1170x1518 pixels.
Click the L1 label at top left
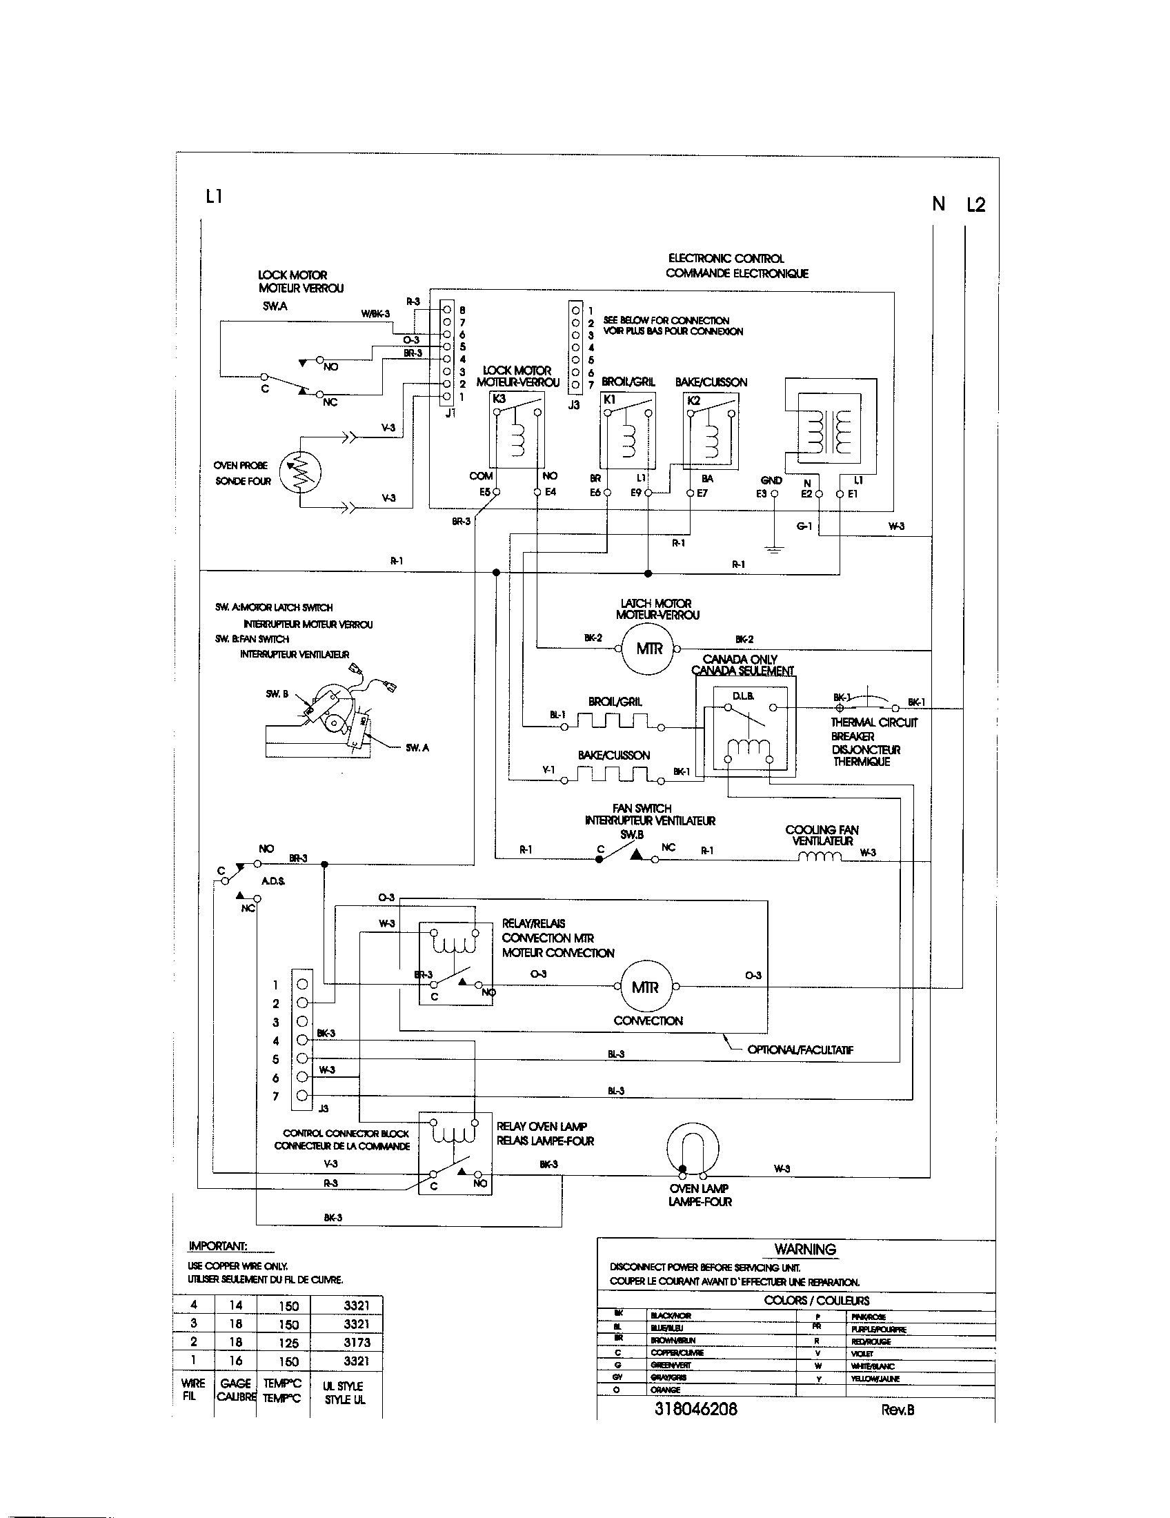[214, 197]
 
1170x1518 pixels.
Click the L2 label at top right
[975, 204]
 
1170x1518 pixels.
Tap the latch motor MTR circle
[649, 649]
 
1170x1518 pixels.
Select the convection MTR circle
[644, 987]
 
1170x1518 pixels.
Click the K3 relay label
[499, 399]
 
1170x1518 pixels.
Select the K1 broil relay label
[609, 400]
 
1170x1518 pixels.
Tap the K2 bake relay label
[693, 400]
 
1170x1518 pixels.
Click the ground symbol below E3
[774, 549]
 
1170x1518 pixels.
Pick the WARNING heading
[804, 1249]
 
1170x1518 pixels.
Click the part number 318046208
[695, 1409]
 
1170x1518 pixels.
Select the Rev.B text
[898, 1410]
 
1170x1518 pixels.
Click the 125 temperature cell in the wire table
[288, 1343]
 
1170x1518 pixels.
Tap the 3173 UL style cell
[357, 1343]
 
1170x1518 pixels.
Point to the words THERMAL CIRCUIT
[873, 723]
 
